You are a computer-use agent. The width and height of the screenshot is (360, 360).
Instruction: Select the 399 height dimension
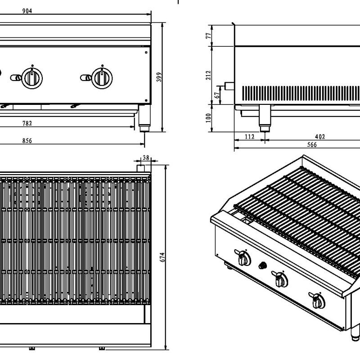[x=158, y=77]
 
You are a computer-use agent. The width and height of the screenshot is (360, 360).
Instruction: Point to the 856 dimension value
[x=27, y=141]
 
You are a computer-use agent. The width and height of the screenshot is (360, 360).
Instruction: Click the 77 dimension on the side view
[x=208, y=36]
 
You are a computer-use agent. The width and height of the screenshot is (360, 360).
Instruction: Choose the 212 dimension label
[x=208, y=75]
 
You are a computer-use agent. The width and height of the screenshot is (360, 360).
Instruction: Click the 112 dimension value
[x=249, y=136]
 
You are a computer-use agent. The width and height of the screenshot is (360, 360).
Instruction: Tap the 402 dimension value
[x=320, y=136]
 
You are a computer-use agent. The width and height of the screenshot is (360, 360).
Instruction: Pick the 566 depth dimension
[x=312, y=144]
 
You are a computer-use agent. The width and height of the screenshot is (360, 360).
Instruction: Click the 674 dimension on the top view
[x=163, y=257]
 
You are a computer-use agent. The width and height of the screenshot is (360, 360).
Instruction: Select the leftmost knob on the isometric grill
[x=243, y=258]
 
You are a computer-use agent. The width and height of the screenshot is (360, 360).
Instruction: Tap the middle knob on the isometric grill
[x=281, y=279]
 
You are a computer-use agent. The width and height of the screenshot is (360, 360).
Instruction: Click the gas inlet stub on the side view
[x=229, y=86]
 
